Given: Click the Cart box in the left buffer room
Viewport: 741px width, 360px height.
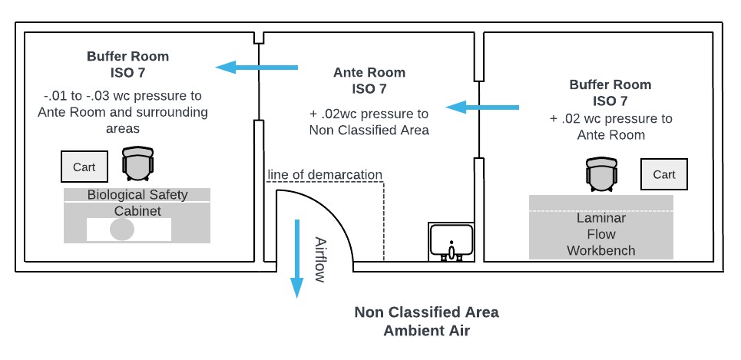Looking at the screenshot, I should tap(84, 167).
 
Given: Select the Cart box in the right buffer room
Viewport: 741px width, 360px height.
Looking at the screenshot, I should tap(664, 174).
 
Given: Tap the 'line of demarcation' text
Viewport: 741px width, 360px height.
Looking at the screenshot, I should tap(325, 174).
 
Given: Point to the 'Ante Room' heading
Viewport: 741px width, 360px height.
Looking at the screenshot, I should tap(369, 73).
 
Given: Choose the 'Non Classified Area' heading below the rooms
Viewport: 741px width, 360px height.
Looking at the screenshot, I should tap(426, 312).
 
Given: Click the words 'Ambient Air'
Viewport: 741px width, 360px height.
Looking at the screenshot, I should tap(427, 331).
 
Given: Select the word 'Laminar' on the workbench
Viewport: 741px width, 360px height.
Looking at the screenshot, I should tap(600, 218).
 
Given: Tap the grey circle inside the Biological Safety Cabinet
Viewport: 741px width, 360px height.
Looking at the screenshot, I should tap(122, 229).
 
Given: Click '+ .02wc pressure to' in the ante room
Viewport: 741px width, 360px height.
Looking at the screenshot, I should tap(369, 114).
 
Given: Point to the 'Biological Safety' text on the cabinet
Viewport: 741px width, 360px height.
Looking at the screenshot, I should tap(137, 194).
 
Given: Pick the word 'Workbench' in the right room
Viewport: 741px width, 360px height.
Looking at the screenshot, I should tap(600, 250).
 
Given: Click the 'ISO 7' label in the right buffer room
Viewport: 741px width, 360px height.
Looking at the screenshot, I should tap(610, 101).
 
